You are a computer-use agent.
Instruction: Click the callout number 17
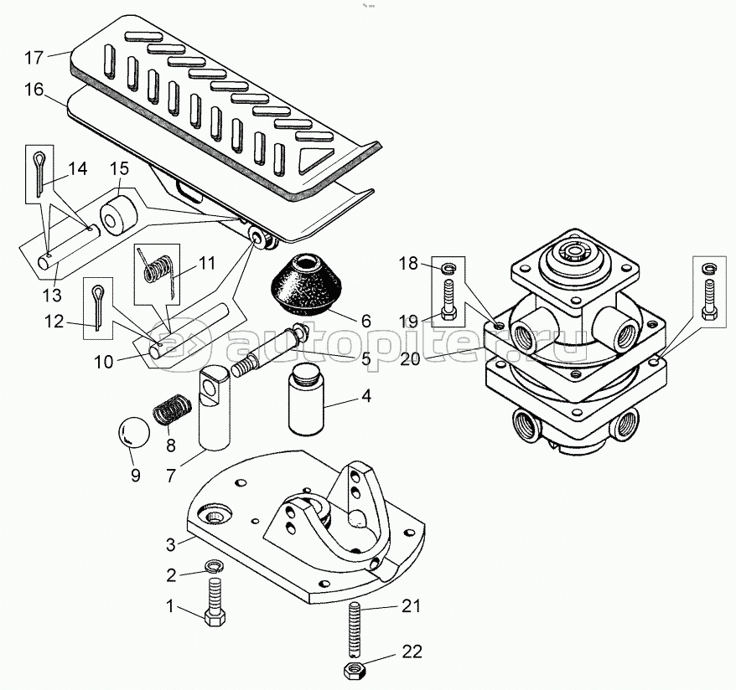coord(34,59)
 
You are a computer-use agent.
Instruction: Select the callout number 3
coord(170,544)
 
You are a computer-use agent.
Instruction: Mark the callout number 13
coord(53,295)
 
